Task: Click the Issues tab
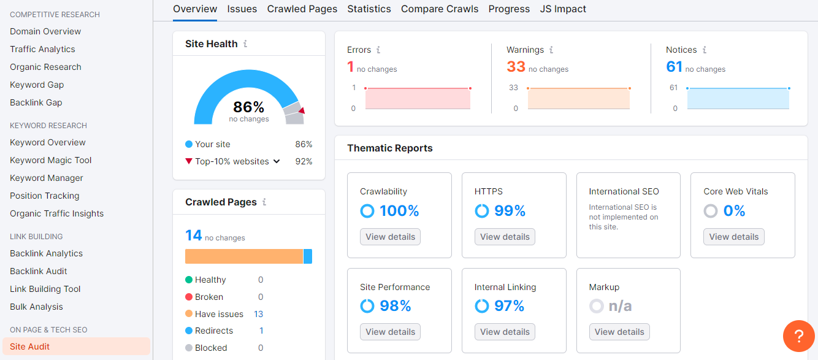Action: coord(242,9)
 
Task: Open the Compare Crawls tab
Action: coord(440,9)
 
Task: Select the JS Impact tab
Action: coord(563,9)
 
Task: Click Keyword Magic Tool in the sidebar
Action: coord(51,160)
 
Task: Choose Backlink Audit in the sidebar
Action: coord(39,271)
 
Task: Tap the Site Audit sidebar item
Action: coord(30,347)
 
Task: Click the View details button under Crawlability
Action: coord(390,237)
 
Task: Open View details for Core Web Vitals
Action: coord(733,237)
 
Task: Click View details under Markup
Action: coord(619,332)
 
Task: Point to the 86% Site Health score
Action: coord(248,107)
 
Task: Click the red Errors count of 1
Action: coord(351,66)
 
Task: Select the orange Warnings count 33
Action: coord(516,66)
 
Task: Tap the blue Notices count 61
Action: coord(674,66)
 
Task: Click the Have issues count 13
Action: coord(258,314)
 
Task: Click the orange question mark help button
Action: coord(798,336)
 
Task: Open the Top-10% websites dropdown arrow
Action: coord(277,161)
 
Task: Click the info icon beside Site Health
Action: coord(245,44)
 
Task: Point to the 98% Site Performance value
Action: coord(396,306)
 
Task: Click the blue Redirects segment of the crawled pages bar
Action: coord(308,256)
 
